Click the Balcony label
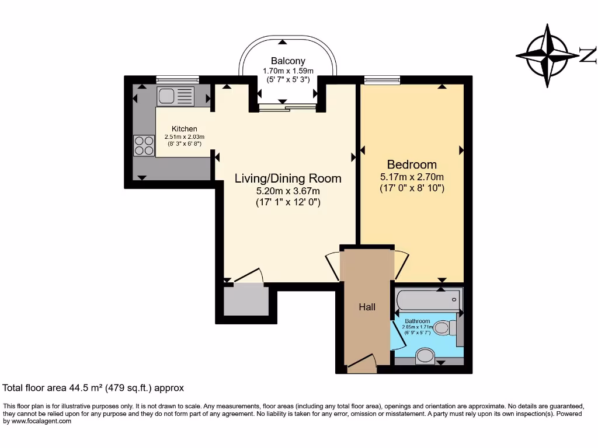pos(287,61)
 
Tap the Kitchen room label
pos(184,129)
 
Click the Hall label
pos(367,307)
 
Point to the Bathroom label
pos(418,321)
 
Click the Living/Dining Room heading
pos(288,178)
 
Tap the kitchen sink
pos(175,96)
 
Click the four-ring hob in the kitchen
pos(142,145)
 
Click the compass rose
pos(547,56)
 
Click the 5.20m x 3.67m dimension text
pos(288,191)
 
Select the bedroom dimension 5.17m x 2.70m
pos(412,177)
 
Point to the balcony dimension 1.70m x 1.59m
pos(287,71)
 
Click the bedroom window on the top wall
pos(382,80)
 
